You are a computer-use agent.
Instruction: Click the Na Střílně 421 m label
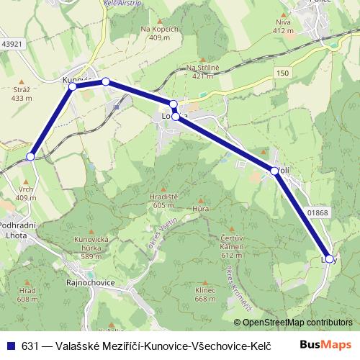coord(202,72)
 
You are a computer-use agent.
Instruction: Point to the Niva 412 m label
coord(284,27)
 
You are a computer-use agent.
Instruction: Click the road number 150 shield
coord(282,73)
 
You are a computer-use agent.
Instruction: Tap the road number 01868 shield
coord(317,212)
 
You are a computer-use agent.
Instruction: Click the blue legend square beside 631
coord(10,346)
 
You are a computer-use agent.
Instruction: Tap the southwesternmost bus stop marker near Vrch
coord(30,156)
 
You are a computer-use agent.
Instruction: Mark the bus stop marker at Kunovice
coord(72,86)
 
